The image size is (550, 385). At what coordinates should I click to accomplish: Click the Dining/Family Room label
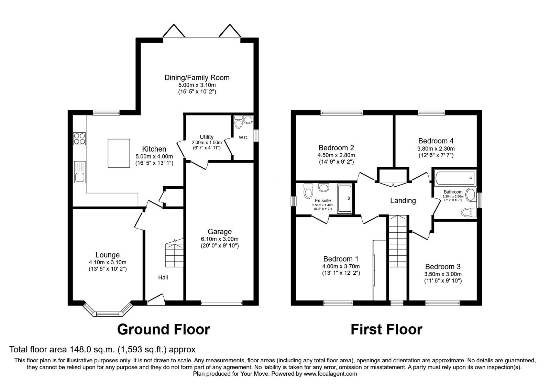click(x=197, y=78)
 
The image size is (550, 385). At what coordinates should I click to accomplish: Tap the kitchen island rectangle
click(x=119, y=153)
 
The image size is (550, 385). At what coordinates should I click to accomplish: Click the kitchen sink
click(x=80, y=172)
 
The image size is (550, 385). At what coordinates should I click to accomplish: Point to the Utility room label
click(x=207, y=137)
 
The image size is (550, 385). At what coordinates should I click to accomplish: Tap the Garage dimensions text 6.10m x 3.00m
click(x=220, y=239)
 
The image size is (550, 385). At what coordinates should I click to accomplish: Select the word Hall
click(x=163, y=277)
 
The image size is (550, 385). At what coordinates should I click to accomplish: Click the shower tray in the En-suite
click(x=344, y=199)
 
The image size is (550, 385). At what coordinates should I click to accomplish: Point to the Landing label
click(x=403, y=200)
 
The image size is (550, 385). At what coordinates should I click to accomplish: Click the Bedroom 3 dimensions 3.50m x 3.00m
click(x=443, y=274)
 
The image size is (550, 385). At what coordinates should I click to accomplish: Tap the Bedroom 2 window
click(x=341, y=112)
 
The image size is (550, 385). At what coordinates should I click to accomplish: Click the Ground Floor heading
click(x=163, y=329)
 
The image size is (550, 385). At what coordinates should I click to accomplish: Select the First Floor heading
click(x=386, y=329)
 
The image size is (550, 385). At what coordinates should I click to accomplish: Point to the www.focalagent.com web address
click(x=330, y=374)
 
